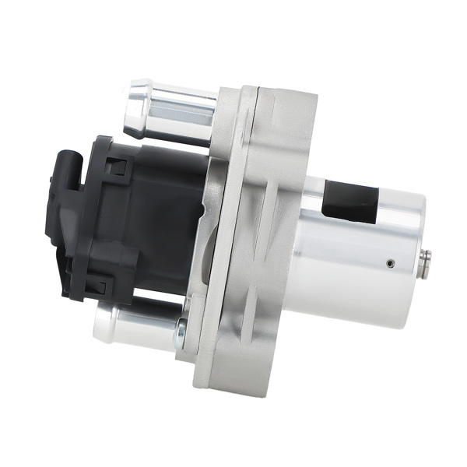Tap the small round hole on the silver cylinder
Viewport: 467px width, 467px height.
click(x=390, y=263)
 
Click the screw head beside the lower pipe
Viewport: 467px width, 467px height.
click(x=181, y=335)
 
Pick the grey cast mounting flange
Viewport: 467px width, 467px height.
click(x=257, y=233)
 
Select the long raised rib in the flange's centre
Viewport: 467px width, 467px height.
click(x=257, y=233)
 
